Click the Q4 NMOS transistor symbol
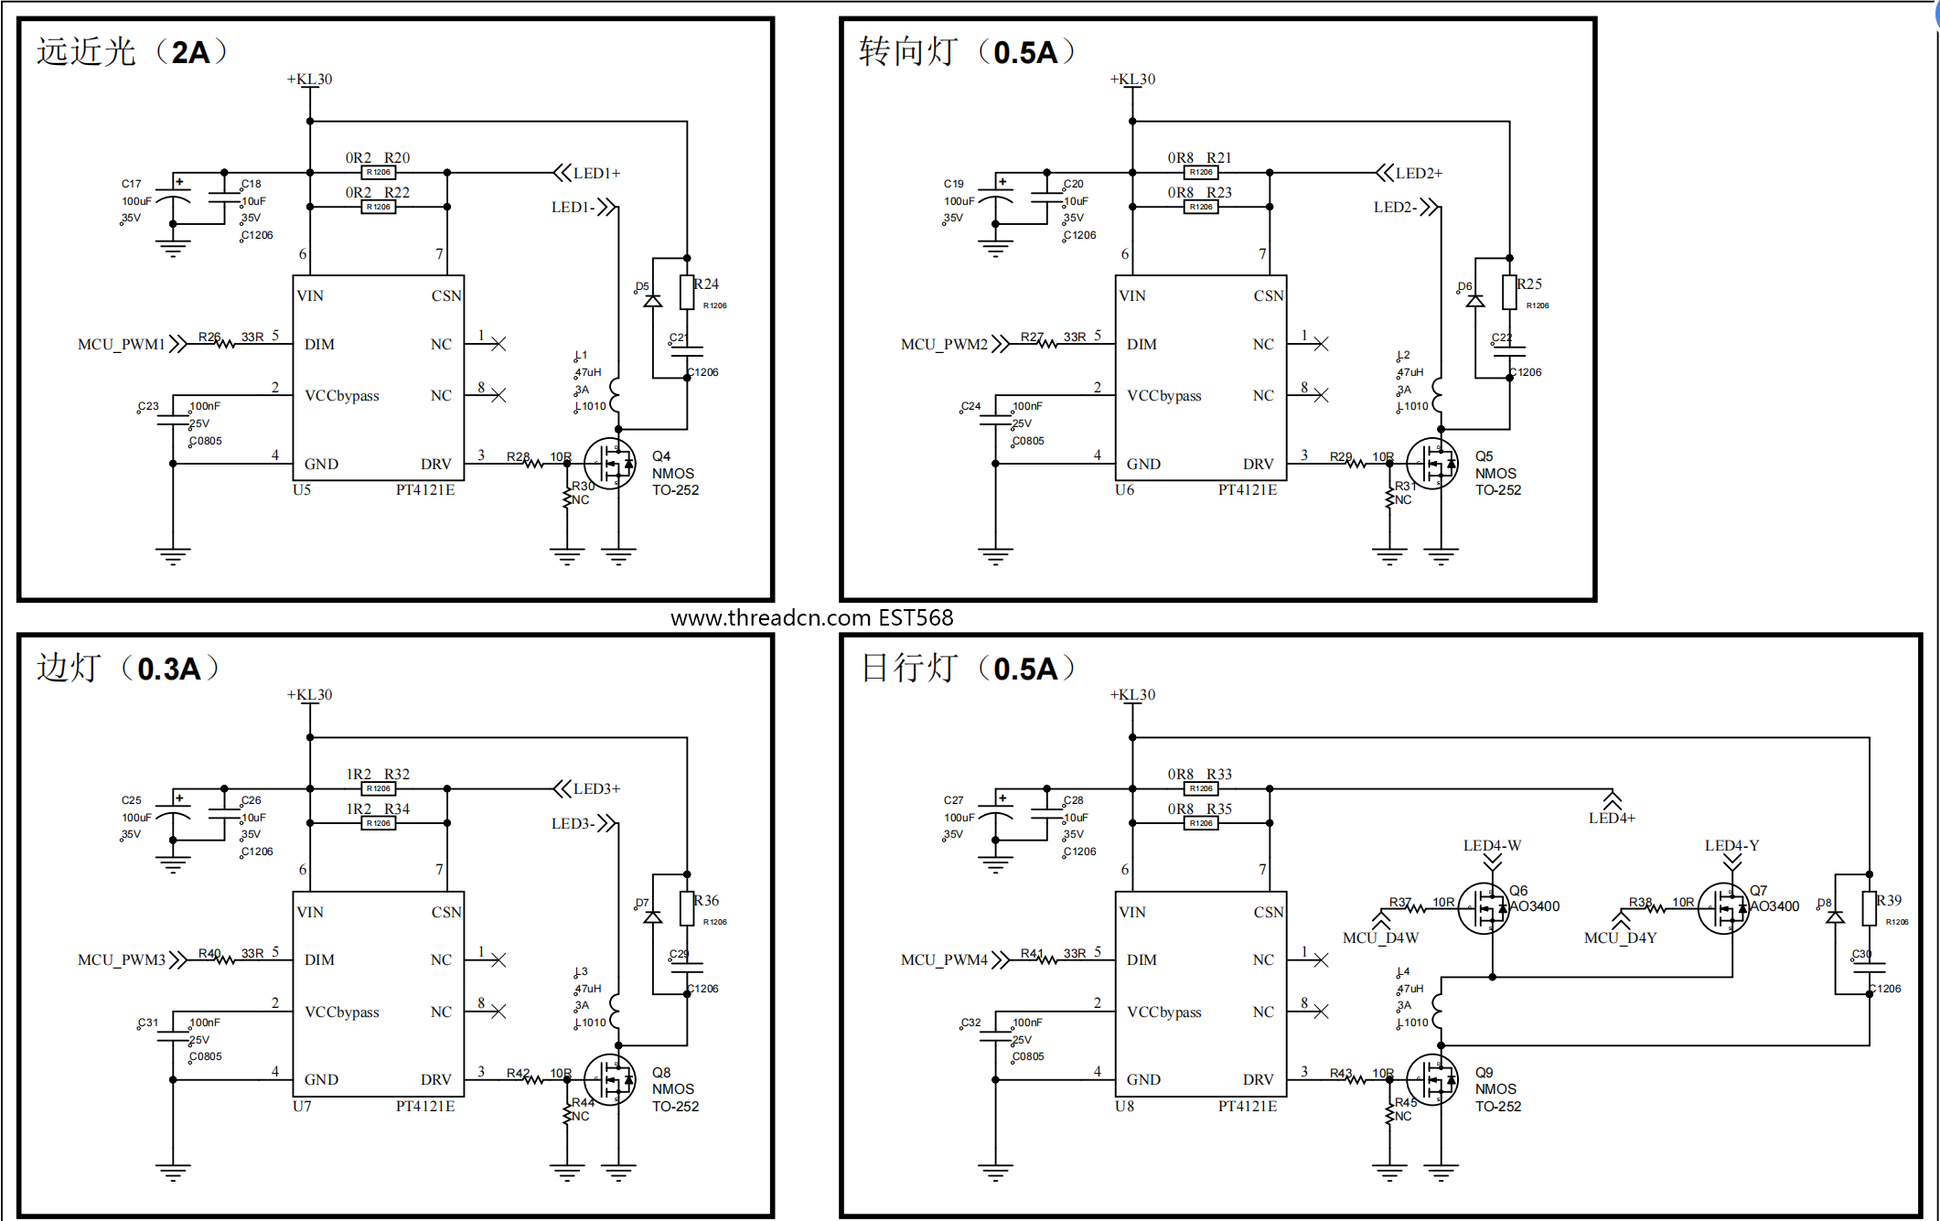point(611,464)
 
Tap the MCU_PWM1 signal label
point(121,344)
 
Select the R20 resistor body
point(379,173)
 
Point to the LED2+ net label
point(1418,173)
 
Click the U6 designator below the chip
point(1124,490)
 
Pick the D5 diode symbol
point(652,300)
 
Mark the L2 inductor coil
point(1439,396)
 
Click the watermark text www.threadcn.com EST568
point(811,618)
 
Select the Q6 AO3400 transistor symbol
point(1484,908)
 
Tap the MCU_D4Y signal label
point(1620,937)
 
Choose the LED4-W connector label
point(1492,845)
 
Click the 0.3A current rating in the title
point(169,669)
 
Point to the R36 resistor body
point(687,908)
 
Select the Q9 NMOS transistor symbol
point(1433,1080)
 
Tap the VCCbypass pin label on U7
point(341,1012)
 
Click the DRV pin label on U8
point(1258,1079)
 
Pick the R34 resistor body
point(379,823)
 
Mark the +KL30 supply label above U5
point(310,80)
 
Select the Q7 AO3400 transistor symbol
point(1724,908)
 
